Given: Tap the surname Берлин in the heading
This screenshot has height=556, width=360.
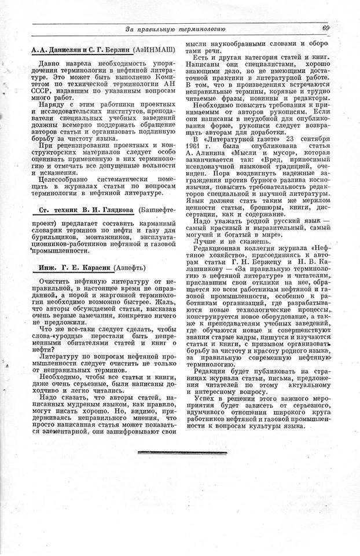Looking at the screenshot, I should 116,50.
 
